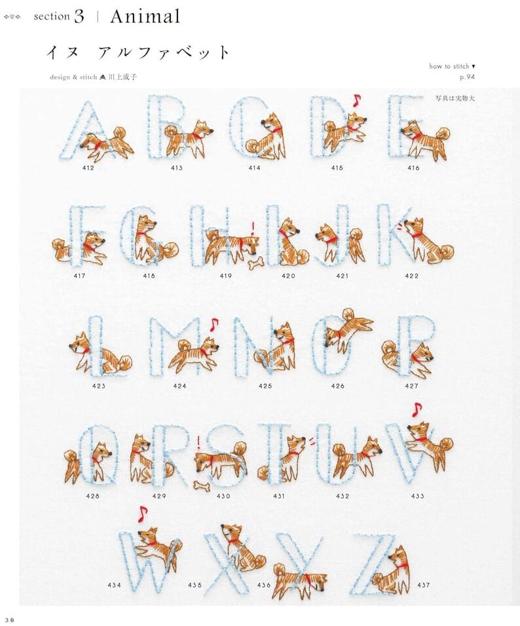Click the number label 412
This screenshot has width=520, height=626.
(x=88, y=168)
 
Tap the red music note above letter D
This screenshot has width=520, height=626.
(x=356, y=101)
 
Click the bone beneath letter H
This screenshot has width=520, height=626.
(x=255, y=264)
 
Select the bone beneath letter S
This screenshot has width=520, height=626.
(x=201, y=485)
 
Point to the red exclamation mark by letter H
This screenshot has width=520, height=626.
(x=252, y=229)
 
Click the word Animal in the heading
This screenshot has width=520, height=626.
(x=145, y=16)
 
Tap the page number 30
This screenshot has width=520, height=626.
(x=9, y=619)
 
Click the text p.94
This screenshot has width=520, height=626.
(x=468, y=77)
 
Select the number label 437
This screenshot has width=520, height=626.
(x=423, y=585)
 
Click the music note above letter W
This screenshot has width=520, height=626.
(x=142, y=514)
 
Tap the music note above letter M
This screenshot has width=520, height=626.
(x=214, y=324)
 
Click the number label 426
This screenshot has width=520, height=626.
(x=337, y=386)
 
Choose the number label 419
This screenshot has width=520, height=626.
(x=226, y=276)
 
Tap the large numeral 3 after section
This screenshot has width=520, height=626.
(x=79, y=16)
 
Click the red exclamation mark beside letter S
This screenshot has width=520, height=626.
(x=198, y=443)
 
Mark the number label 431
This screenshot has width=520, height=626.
(x=279, y=496)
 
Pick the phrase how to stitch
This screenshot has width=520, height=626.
(x=449, y=66)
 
